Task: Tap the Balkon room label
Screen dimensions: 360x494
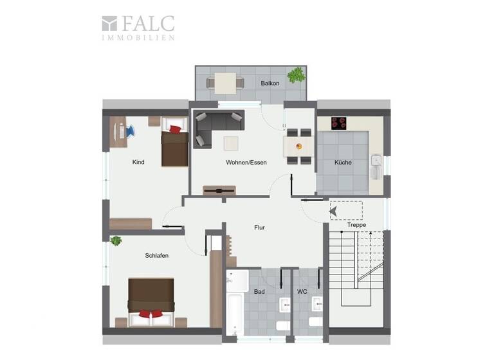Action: [x=270, y=84]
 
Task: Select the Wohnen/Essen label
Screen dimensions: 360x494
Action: [x=246, y=162]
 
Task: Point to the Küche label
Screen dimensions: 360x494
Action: [x=342, y=162]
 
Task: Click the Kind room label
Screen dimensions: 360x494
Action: [x=138, y=162]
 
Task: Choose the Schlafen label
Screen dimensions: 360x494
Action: [x=157, y=255]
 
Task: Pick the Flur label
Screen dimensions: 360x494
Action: [x=259, y=228]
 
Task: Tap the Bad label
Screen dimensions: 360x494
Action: [x=259, y=292]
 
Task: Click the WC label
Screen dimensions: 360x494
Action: [x=302, y=292]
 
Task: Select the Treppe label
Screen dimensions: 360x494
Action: [x=356, y=225]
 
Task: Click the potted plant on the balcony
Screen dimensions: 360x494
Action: [x=297, y=75]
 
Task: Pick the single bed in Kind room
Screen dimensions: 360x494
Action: [x=174, y=143]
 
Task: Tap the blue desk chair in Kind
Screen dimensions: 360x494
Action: [x=129, y=131]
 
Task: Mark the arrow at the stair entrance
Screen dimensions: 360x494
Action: [x=333, y=210]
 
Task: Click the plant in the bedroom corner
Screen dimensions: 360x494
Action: [x=116, y=241]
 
